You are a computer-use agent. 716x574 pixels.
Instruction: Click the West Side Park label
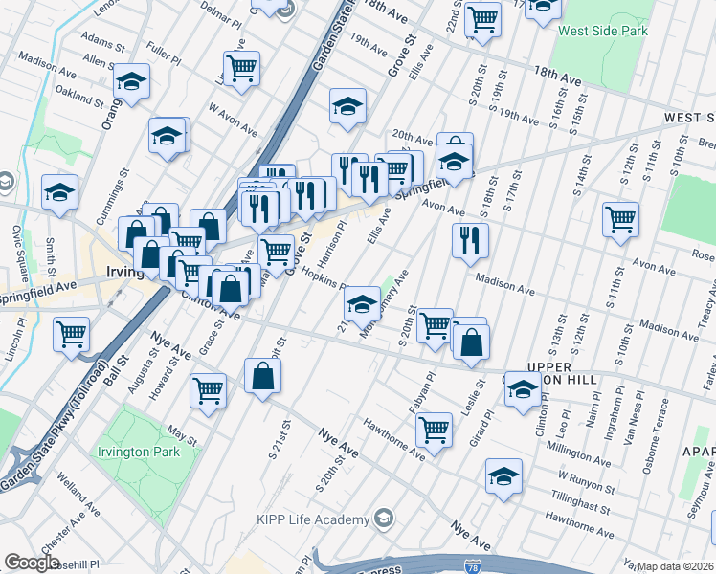[x=603, y=31]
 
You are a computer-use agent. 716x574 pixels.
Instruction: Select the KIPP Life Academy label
[x=312, y=519]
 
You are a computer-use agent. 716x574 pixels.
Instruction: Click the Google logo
[x=32, y=563]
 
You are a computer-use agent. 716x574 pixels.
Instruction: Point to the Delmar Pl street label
[x=225, y=16]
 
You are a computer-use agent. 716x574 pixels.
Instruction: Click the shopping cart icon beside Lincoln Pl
[x=72, y=335]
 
